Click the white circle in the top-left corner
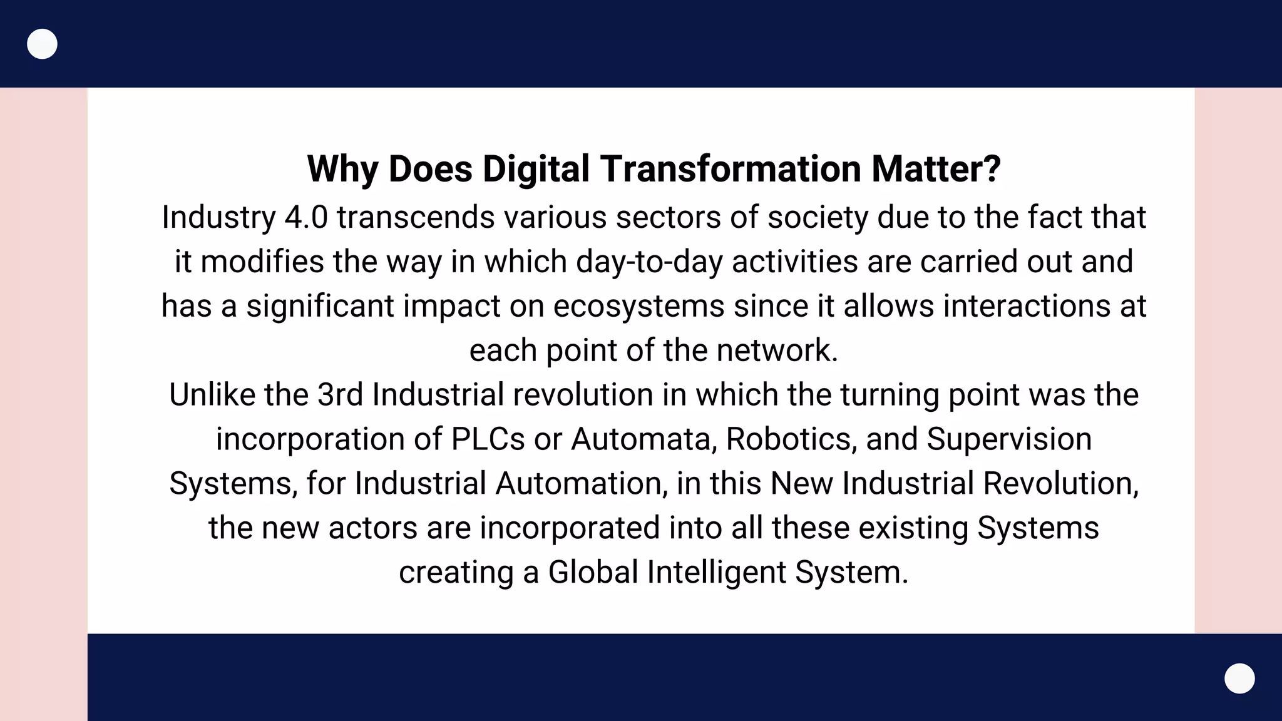[43, 44]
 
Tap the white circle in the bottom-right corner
[1239, 678]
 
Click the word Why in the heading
[342, 169]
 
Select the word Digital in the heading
[536, 169]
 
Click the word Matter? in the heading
[936, 169]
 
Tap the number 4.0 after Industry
[306, 217]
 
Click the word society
[818, 217]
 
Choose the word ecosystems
[638, 306]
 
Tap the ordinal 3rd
[340, 395]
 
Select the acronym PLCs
[488, 439]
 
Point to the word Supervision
[1009, 439]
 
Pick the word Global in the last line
[593, 572]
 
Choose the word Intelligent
[716, 572]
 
